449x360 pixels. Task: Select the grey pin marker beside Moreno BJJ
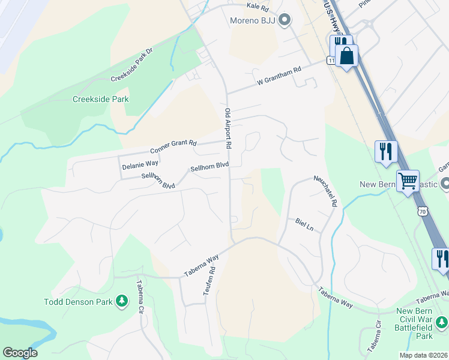click(x=286, y=21)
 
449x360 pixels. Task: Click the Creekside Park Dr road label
click(x=132, y=65)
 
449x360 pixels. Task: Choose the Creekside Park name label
click(x=101, y=99)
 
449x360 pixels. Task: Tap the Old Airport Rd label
click(x=228, y=128)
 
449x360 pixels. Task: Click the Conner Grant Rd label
click(x=173, y=146)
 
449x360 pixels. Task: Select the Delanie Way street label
click(x=140, y=163)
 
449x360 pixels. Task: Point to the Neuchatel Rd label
click(x=325, y=191)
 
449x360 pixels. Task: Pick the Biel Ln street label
click(x=304, y=224)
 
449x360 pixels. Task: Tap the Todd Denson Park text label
click(x=78, y=301)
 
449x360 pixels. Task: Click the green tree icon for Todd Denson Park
click(x=122, y=299)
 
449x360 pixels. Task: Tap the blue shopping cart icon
click(x=408, y=179)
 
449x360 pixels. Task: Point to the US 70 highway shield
click(x=423, y=211)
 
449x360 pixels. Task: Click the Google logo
click(x=20, y=353)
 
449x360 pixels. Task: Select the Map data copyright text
click(x=424, y=355)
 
